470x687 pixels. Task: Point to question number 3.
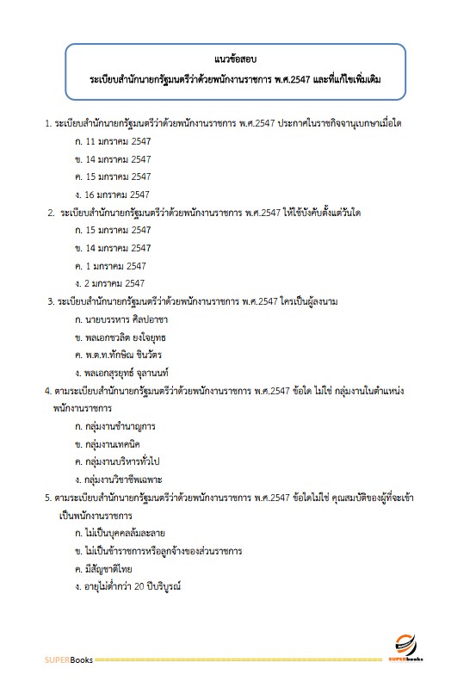pos(49,301)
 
